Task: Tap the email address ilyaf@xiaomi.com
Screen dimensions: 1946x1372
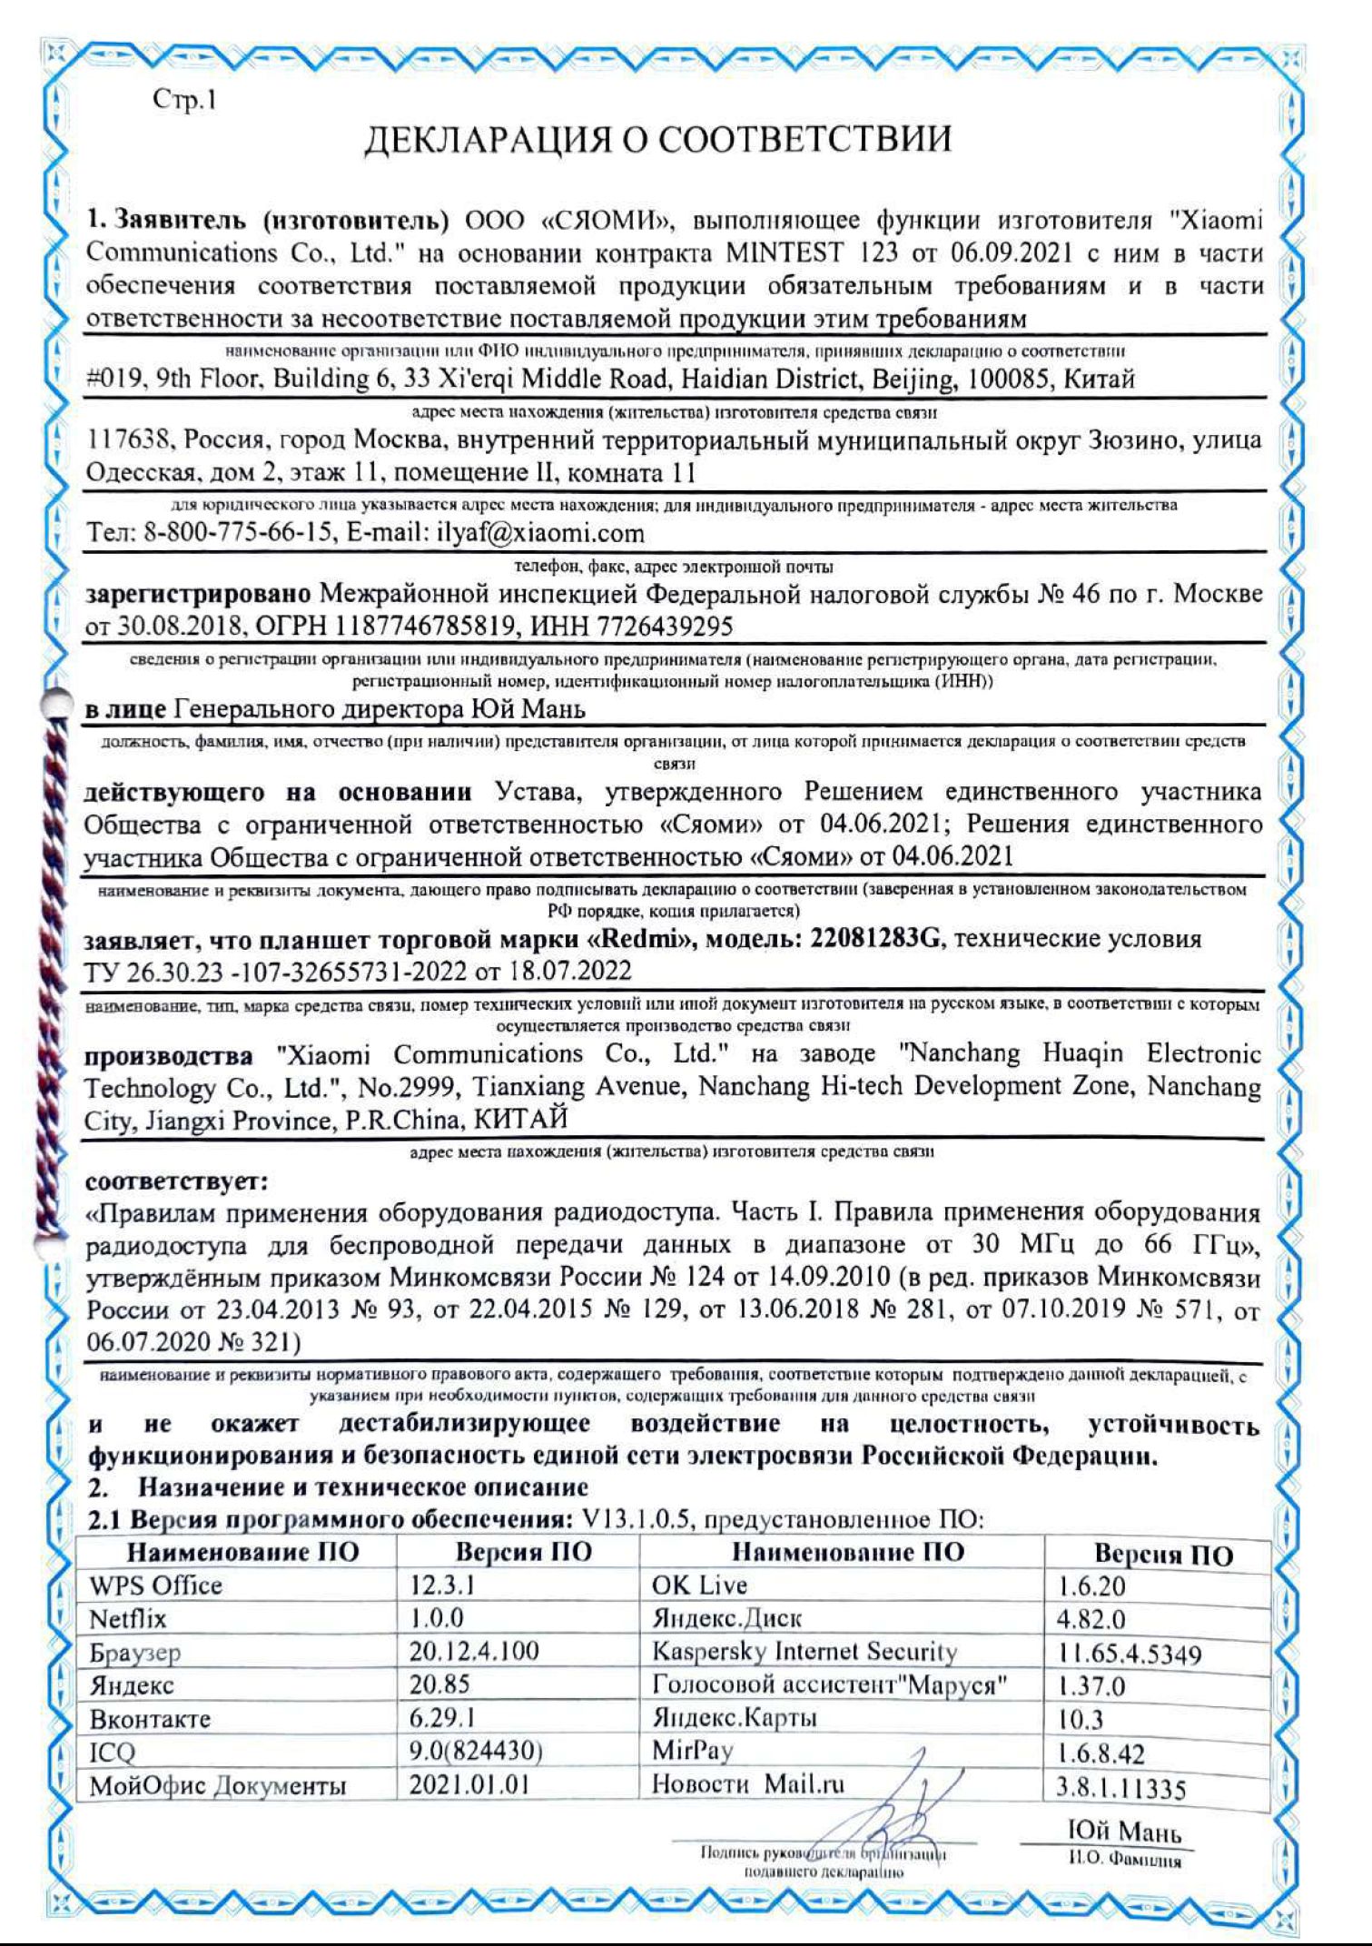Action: pyautogui.click(x=536, y=533)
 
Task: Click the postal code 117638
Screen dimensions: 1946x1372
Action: pyautogui.click(x=125, y=442)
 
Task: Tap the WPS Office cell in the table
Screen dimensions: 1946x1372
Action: pyautogui.click(x=156, y=1585)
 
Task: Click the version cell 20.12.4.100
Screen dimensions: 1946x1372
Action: pyautogui.click(x=474, y=1652)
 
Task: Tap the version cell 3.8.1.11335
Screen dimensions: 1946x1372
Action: pyautogui.click(x=1121, y=1789)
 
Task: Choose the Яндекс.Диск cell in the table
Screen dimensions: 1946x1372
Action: pyautogui.click(x=727, y=1619)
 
